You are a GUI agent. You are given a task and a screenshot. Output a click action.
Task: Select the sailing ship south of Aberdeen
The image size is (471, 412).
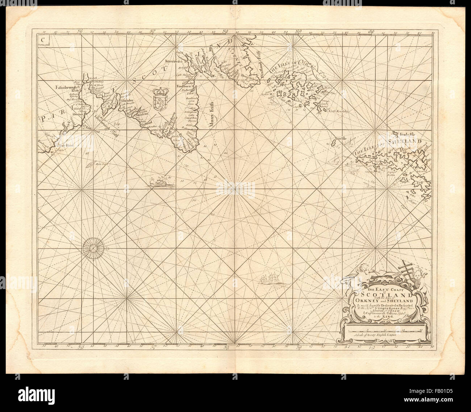click(x=160, y=181)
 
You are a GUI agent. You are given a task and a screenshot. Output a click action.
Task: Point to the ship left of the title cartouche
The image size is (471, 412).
click(x=268, y=279)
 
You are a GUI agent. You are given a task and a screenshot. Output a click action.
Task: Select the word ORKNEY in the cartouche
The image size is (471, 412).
click(x=366, y=300)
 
